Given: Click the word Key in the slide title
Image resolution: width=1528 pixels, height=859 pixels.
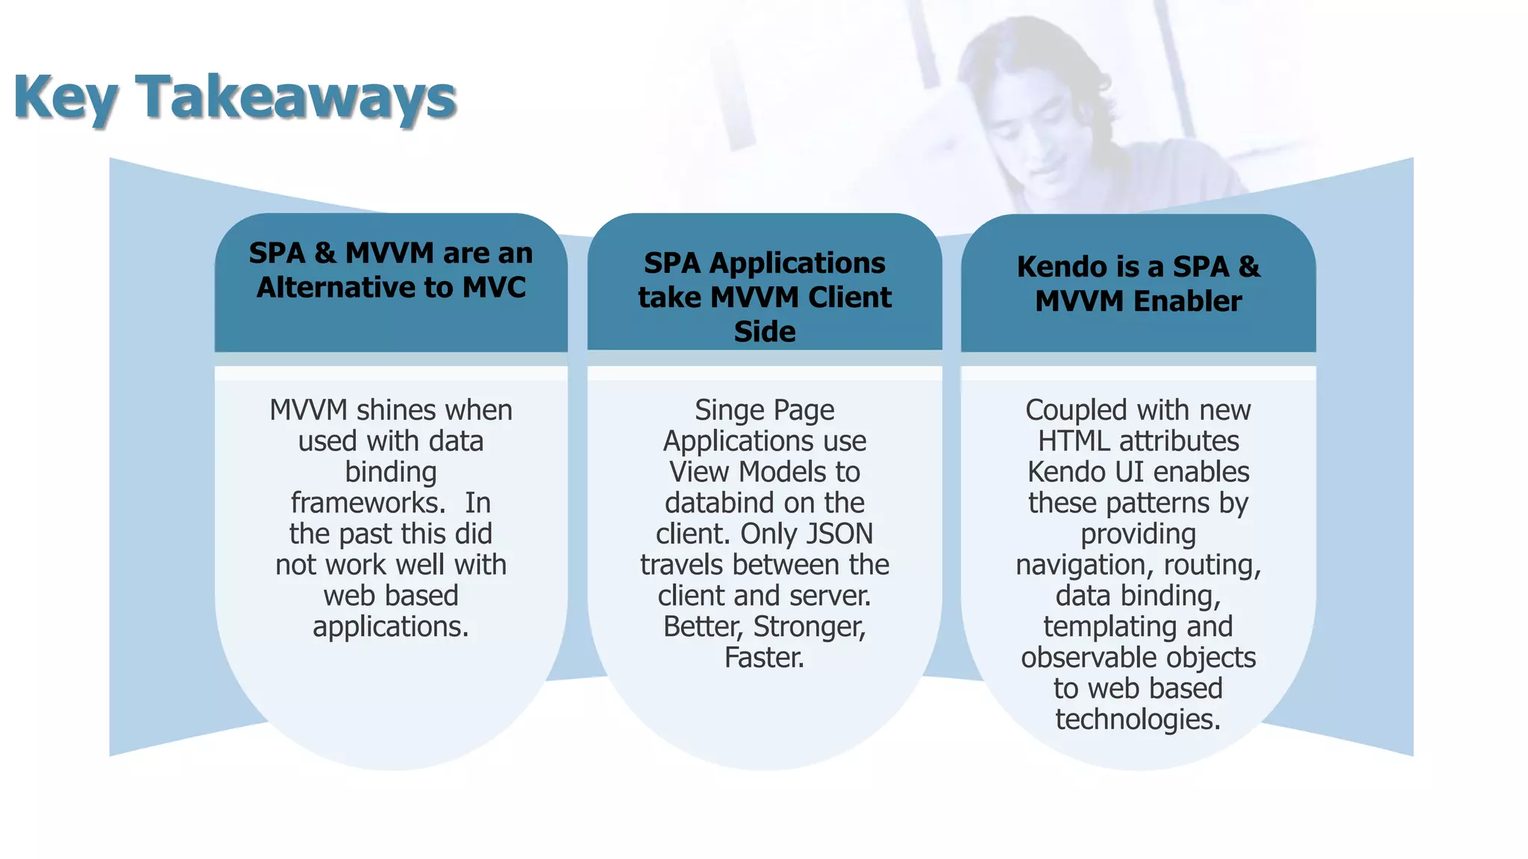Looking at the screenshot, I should point(66,98).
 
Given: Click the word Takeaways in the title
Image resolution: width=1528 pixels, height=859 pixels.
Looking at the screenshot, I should point(295,98).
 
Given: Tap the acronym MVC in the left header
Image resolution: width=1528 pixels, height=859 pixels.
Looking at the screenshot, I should point(494,288).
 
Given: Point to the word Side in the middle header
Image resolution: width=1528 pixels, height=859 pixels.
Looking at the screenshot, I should point(765,332).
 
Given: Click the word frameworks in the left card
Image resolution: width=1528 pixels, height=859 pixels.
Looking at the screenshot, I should point(366,503).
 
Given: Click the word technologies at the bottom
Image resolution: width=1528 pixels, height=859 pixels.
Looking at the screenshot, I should point(1138,720).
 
